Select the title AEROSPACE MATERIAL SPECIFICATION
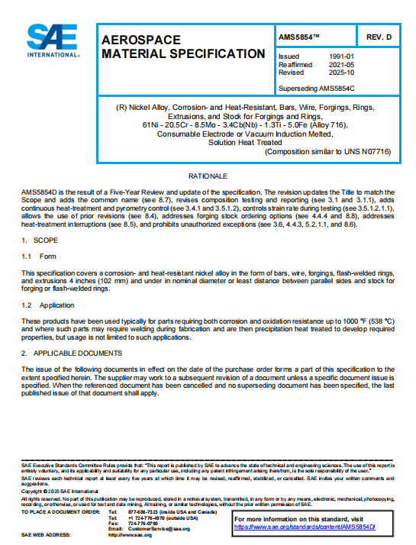(x=182, y=47)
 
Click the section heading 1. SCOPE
(x=38, y=241)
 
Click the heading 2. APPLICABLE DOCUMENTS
(x=71, y=353)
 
